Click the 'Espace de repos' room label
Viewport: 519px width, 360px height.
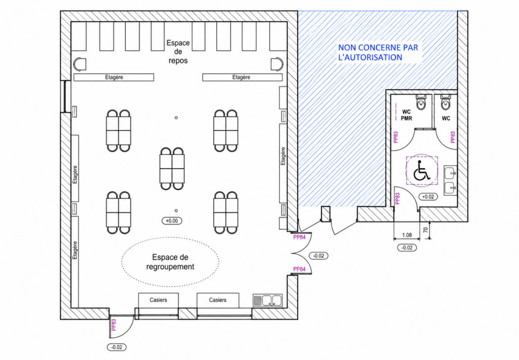click(x=178, y=52)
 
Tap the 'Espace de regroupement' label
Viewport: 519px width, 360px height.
click(x=170, y=262)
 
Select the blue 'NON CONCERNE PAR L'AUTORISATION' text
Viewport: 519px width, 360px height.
click(x=378, y=52)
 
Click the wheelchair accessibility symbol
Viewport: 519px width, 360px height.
click(x=422, y=170)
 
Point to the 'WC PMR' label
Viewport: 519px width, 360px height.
click(x=406, y=115)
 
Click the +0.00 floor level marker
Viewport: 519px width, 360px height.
click(x=172, y=221)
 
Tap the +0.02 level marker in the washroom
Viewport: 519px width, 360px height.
click(x=428, y=197)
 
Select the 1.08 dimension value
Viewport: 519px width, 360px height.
click(x=407, y=235)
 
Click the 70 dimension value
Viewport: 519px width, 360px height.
click(x=426, y=229)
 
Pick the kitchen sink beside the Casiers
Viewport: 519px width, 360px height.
click(x=268, y=301)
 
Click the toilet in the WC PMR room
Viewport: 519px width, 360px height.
click(x=421, y=102)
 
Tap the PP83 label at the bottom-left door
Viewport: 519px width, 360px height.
click(x=114, y=325)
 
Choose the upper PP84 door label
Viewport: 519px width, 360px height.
click(x=299, y=237)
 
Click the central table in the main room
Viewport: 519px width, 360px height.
click(x=172, y=168)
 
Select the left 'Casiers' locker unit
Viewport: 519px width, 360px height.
click(x=158, y=300)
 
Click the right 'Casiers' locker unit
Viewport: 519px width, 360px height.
click(x=218, y=300)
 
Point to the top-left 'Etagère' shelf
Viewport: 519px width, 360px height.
click(x=114, y=77)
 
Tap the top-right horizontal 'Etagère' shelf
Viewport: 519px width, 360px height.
click(x=242, y=77)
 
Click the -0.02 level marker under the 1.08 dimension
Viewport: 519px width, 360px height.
click(x=407, y=248)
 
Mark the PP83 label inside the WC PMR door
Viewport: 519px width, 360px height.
click(x=396, y=137)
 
